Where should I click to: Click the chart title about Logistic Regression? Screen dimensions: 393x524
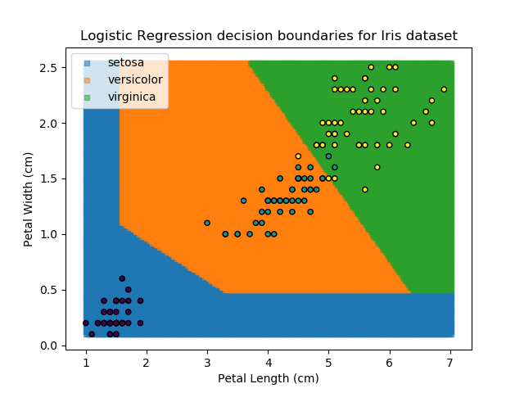point(269,36)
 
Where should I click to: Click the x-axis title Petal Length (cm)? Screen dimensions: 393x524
point(269,378)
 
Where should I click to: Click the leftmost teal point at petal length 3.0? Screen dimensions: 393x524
point(207,223)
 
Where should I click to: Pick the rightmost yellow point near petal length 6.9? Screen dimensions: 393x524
point(444,89)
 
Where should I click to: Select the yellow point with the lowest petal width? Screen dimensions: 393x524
point(364,189)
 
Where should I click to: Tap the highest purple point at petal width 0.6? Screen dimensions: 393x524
point(122,278)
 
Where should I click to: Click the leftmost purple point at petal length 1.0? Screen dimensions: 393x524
point(86,323)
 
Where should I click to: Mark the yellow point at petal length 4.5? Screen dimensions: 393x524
point(298,156)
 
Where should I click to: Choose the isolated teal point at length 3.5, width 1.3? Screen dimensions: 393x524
point(243,201)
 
